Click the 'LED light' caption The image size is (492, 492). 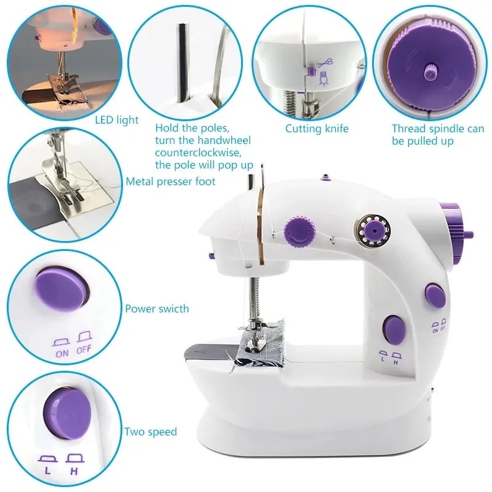(x=117, y=120)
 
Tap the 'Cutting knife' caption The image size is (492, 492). (x=317, y=129)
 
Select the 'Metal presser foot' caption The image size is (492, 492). (x=171, y=181)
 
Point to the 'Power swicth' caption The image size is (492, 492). (x=157, y=309)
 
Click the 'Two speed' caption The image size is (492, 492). (x=151, y=432)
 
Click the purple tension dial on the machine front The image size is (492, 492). (x=299, y=228)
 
